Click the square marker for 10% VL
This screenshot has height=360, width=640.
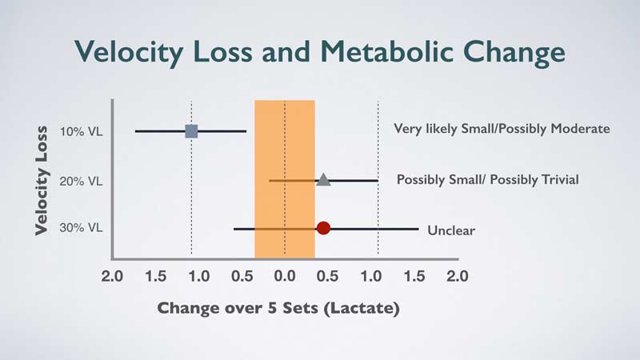[191, 130]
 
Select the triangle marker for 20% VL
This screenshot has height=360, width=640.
[323, 180]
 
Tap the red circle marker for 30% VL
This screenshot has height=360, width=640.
[323, 228]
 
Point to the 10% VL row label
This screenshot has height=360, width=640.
[81, 131]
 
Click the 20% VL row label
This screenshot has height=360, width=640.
[81, 181]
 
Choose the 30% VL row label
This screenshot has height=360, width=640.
[81, 228]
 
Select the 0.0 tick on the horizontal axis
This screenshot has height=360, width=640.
[285, 277]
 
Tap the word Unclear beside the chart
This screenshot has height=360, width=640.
[451, 230]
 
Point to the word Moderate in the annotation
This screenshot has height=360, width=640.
[583, 128]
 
